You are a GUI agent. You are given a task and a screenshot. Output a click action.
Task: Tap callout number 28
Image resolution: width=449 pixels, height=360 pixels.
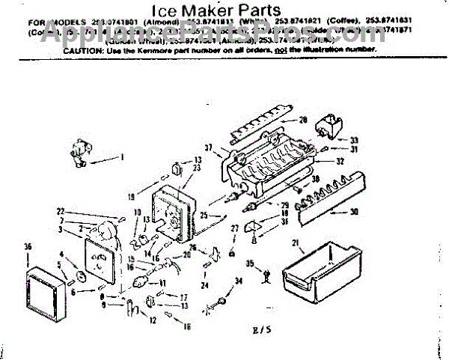pyautogui.click(x=303, y=120)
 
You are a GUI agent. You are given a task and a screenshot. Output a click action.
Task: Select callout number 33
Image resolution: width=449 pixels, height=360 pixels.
pyautogui.click(x=354, y=140)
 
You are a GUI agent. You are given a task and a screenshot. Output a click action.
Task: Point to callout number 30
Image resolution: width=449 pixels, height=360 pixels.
pyautogui.click(x=354, y=211)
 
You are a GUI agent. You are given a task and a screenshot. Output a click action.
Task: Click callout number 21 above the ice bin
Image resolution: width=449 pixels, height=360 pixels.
pyautogui.click(x=295, y=242)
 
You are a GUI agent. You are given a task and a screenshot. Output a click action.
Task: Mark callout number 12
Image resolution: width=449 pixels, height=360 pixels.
pyautogui.click(x=153, y=320)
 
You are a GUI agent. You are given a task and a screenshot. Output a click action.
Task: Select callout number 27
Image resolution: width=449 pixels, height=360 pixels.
pyautogui.click(x=233, y=228)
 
